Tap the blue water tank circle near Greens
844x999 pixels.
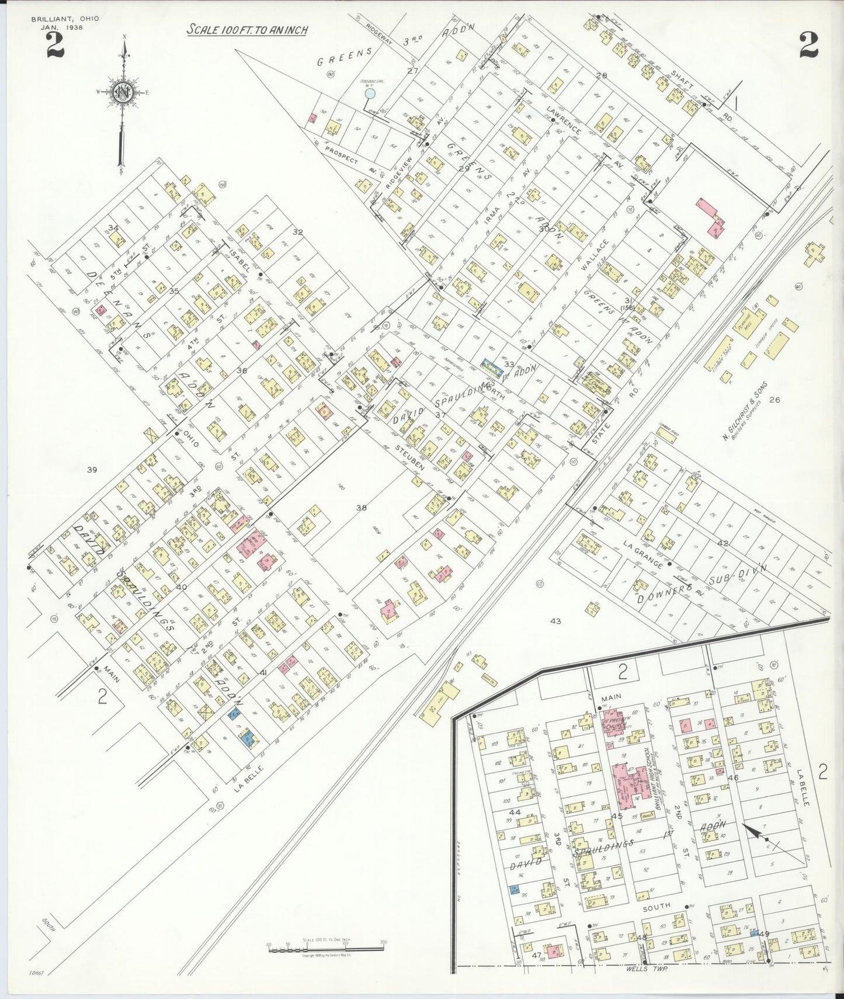click(369, 93)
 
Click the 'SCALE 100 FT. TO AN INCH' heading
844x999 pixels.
click(247, 30)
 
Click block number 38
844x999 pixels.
click(362, 508)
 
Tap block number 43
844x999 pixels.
click(555, 621)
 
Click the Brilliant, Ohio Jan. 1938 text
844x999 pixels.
click(65, 23)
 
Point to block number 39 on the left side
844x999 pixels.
click(91, 469)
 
